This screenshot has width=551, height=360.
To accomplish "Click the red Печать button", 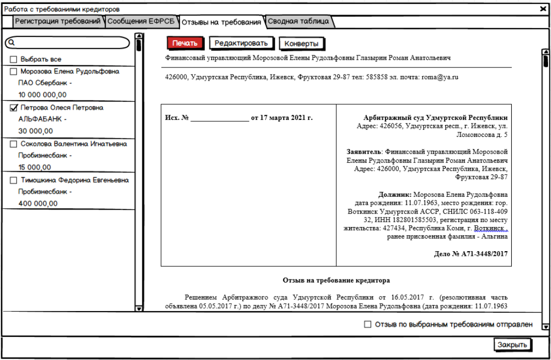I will (x=186, y=43).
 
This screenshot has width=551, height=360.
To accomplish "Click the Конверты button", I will (x=301, y=44).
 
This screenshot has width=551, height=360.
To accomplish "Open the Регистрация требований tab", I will (x=57, y=22).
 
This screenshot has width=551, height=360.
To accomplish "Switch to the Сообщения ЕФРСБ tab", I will (x=141, y=22).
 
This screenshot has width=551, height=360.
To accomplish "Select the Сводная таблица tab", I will (x=298, y=22).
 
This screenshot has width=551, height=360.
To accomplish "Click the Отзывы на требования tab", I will (x=221, y=22).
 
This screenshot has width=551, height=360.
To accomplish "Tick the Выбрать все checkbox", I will (x=14, y=59).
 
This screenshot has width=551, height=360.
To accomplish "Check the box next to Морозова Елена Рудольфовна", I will (x=14, y=71).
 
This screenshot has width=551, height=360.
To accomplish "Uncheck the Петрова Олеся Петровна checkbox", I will (x=14, y=108).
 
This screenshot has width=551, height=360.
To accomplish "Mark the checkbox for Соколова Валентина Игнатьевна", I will (x=14, y=144).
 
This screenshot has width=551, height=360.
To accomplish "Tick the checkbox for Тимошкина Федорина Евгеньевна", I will (x=14, y=180).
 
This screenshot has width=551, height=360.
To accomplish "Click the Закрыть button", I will (x=512, y=345).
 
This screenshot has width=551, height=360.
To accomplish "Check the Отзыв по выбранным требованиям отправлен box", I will (x=367, y=325).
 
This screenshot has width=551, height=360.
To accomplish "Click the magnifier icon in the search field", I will (x=12, y=43).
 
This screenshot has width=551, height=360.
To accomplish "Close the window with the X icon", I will (x=543, y=9).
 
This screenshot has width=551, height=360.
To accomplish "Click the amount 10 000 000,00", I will (x=43, y=95).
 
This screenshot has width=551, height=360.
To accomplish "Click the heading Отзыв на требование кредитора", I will (x=337, y=280).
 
